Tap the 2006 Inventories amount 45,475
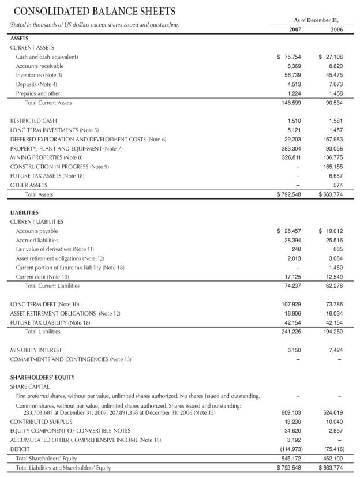tap(334, 75)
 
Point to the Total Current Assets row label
tap(48, 103)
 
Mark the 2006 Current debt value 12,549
tap(334, 277)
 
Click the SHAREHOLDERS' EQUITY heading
tap(42, 377)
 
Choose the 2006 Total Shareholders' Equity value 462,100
tap(332, 458)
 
